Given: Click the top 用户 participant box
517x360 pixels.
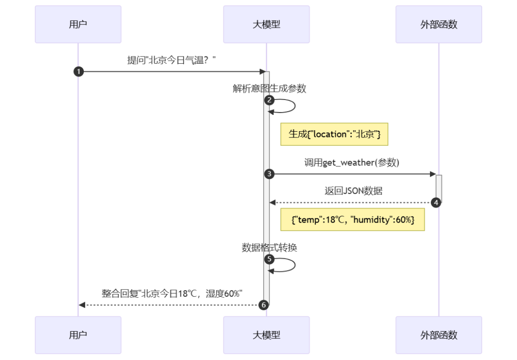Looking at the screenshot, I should pyautogui.click(x=78, y=24).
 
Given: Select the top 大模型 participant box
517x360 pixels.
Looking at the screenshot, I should pyautogui.click(x=266, y=24).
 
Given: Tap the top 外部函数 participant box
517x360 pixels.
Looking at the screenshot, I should pyautogui.click(x=438, y=24).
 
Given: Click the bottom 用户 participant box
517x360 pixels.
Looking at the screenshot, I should pyautogui.click(x=78, y=335).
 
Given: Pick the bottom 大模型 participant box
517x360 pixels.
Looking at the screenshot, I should pyautogui.click(x=266, y=335).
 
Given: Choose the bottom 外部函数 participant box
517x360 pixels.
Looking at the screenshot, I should pyautogui.click(x=438, y=335).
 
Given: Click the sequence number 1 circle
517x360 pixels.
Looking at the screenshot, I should pyautogui.click(x=79, y=72).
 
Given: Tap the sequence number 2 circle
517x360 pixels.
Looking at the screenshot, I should pyautogui.click(x=270, y=100).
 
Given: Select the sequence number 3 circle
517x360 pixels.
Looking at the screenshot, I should pyautogui.click(x=270, y=174).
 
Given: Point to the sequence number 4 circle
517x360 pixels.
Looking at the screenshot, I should pyautogui.click(x=436, y=202).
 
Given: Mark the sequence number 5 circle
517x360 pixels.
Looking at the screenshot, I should pyautogui.click(x=270, y=259).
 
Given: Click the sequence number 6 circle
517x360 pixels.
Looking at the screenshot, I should pyautogui.click(x=263, y=305).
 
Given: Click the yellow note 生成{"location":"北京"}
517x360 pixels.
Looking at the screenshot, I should pyautogui.click(x=334, y=135).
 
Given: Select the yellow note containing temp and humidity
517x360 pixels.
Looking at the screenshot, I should pyautogui.click(x=353, y=219).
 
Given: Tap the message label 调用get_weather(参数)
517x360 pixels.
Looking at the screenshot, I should pyautogui.click(x=352, y=163).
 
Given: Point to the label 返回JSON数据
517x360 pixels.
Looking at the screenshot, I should pyautogui.click(x=353, y=191).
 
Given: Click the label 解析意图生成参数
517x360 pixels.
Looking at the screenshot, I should pyautogui.click(x=270, y=89).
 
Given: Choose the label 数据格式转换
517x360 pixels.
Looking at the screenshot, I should pyautogui.click(x=270, y=247).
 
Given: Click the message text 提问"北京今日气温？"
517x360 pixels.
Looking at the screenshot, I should pyautogui.click(x=171, y=60).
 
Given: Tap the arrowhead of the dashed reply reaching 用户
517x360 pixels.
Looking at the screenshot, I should pyautogui.click(x=82, y=305).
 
